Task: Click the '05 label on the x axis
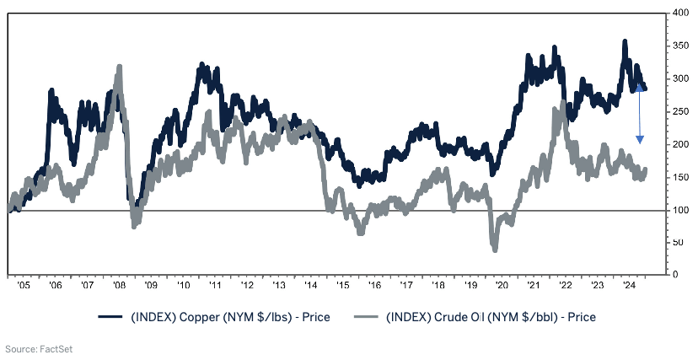click(x=24, y=287)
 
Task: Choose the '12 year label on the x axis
click(x=246, y=287)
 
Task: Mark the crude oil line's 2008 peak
click(x=120, y=67)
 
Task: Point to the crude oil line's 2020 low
click(x=494, y=249)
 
